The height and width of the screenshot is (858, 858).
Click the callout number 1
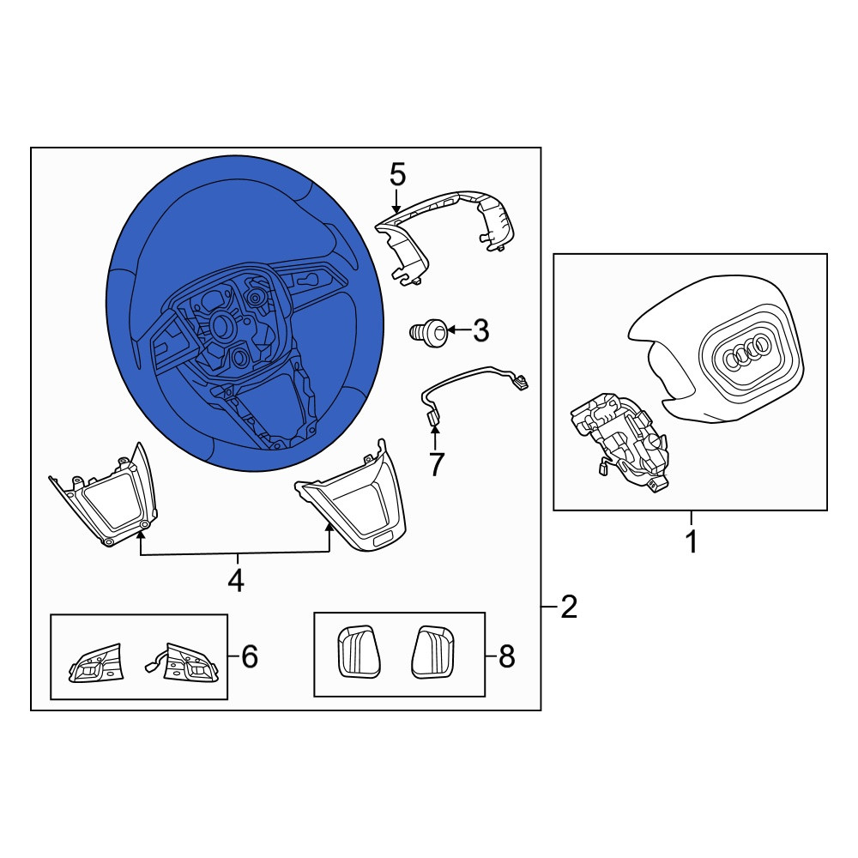point(691,541)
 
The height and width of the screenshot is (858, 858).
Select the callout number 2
point(569,607)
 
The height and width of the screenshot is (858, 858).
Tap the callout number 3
point(480,331)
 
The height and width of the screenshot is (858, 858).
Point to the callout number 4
point(236,580)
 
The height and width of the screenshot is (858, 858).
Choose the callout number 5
point(398,175)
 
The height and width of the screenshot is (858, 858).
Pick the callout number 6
point(250,656)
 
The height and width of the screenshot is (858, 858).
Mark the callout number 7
point(436,464)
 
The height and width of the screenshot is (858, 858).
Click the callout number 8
point(507,656)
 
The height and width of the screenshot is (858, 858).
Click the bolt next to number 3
point(428,331)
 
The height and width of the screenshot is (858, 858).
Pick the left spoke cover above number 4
point(104,495)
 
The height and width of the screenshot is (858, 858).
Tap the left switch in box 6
point(95,662)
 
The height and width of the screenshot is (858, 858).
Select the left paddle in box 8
point(359,651)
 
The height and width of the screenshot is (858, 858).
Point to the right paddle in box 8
point(433,651)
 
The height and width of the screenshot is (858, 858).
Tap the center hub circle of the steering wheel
point(223,327)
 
